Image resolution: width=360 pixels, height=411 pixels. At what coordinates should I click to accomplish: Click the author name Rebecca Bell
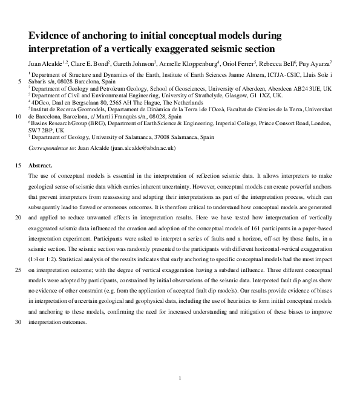(x=275, y=63)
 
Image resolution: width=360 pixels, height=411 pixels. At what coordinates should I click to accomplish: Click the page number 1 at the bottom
(x=180, y=378)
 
